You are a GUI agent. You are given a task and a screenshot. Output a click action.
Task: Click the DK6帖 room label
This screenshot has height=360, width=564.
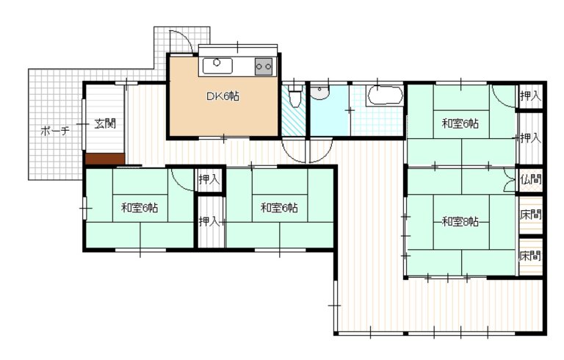(x=223, y=96)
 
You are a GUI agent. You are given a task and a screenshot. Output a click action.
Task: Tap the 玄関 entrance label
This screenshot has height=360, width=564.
(x=105, y=124)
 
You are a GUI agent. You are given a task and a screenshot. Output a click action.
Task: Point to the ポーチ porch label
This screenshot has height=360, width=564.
(x=54, y=131)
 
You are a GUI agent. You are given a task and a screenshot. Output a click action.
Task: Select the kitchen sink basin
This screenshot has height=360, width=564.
(x=217, y=66)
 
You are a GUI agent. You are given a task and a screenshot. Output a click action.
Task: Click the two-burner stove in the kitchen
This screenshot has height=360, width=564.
(x=264, y=66)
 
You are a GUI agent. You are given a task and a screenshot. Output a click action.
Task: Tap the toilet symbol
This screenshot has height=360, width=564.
(x=296, y=96)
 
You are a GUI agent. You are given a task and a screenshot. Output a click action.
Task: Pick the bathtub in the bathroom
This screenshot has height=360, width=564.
(x=385, y=96)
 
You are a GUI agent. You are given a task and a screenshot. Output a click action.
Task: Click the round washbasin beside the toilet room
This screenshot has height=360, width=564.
(x=319, y=93)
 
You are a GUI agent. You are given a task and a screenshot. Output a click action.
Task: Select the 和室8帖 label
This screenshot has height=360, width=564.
(x=460, y=221)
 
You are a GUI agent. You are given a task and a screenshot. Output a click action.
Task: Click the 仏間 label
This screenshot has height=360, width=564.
(x=530, y=179)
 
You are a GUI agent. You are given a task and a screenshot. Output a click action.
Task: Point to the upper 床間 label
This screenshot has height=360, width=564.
(x=530, y=215)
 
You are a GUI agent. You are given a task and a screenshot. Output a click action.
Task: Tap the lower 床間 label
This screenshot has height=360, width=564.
(x=530, y=256)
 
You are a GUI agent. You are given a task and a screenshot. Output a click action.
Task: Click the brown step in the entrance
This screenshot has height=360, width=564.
(x=105, y=159)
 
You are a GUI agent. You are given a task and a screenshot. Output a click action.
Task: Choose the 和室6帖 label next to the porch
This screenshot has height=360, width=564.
(x=140, y=208)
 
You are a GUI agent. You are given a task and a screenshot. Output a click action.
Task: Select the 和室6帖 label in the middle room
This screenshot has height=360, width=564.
(x=279, y=208)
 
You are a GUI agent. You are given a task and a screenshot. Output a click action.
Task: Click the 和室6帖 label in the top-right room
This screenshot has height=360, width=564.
(x=460, y=124)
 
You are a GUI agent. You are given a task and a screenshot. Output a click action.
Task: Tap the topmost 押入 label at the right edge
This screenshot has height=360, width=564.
(x=530, y=96)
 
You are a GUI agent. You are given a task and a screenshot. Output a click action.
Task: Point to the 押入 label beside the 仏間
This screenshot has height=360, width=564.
(x=530, y=137)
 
